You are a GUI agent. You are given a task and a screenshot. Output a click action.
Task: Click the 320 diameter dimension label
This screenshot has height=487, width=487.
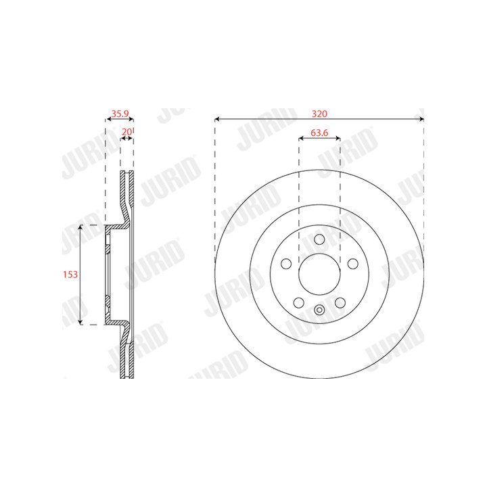click(x=319, y=114)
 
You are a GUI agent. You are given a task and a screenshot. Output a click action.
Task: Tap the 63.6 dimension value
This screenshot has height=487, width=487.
click(x=319, y=133)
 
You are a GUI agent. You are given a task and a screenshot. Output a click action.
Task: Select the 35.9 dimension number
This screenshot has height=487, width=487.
click(x=120, y=114)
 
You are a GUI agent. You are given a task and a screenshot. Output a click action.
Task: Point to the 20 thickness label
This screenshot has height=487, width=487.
click(x=126, y=132)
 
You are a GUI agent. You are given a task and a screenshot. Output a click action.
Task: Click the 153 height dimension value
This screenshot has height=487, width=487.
click(x=70, y=275)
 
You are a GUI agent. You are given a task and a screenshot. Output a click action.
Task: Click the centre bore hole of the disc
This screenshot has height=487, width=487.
click(x=319, y=274)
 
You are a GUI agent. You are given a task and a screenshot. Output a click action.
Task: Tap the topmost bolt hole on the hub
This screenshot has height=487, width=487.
click(x=319, y=239)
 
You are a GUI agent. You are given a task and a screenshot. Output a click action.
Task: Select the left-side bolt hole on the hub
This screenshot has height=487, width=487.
click(x=286, y=264)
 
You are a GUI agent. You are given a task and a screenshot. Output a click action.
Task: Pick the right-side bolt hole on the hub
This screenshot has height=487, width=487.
click(x=352, y=264)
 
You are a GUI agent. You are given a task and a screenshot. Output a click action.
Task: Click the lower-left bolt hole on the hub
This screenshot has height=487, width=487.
click(x=299, y=302)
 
